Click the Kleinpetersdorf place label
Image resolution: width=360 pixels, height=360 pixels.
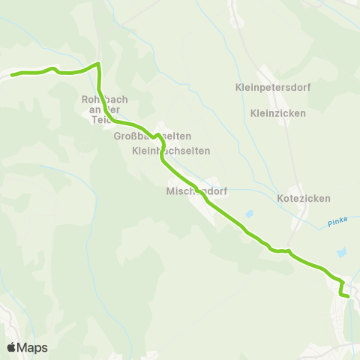coord(288,87)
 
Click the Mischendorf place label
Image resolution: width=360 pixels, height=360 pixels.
coord(196,191)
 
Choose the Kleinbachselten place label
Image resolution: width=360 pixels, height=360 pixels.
coord(171,150)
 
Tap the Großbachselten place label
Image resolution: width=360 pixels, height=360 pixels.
coord(152,136)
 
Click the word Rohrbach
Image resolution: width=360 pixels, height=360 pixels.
coord(100,98)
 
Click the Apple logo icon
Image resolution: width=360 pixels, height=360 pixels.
coord(12,347)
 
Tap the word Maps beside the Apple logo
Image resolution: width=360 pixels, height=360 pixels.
coord(32,347)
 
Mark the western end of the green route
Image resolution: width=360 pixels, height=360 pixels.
coord(12,74)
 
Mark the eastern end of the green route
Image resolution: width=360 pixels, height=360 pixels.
coord(348,296)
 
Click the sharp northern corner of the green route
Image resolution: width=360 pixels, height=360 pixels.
coord(98,64)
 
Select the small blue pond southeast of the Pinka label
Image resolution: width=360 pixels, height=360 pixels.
coord(342,253)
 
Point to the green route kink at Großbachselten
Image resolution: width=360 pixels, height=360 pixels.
coord(157,137)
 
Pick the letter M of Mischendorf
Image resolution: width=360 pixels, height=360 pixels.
coord(169,191)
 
